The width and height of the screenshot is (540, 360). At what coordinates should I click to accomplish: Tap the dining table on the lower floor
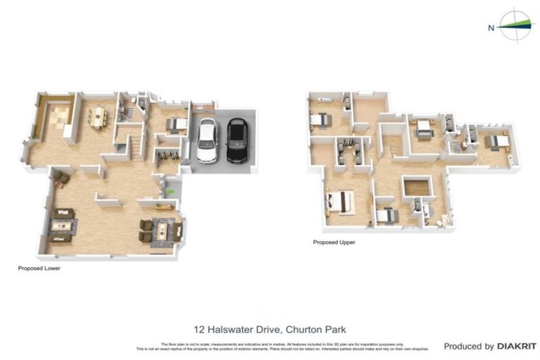tap(98, 116)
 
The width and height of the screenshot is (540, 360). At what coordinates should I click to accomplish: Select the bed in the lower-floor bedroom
tap(175, 125)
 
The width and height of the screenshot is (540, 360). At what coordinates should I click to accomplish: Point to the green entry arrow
tap(169, 191)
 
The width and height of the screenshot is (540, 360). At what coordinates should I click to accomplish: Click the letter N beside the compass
tap(491, 28)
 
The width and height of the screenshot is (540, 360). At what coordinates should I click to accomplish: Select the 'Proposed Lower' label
tap(38, 268)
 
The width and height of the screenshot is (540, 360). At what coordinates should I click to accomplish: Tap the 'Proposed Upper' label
tap(334, 243)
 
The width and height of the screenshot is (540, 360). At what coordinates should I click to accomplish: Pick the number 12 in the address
tap(198, 329)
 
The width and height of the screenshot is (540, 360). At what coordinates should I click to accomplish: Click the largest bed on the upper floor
tap(340, 202)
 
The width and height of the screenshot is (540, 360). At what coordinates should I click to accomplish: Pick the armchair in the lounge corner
tap(62, 180)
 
